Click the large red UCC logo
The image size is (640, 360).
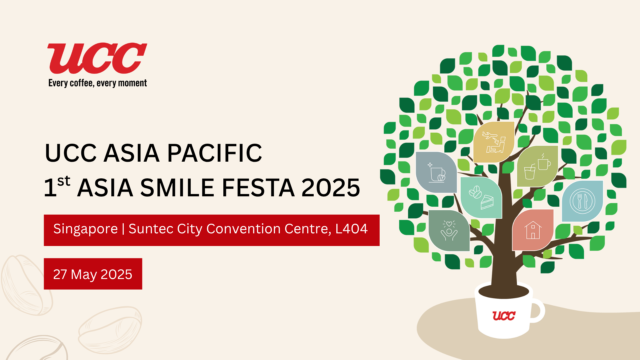coord(97,58)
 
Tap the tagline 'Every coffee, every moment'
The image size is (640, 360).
coord(98,83)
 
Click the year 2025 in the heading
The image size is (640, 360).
coord(331,188)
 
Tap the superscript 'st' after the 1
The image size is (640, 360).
coord(64,181)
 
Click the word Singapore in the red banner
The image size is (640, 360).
coord(86,229)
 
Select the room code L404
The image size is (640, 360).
coord(351,229)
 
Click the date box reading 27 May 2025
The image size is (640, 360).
coord(93,274)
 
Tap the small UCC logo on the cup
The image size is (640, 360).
coord(504,316)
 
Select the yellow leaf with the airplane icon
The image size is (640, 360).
coord(494,142)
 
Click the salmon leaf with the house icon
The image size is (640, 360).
coord(533,230)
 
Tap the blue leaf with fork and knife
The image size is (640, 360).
coord(582,201)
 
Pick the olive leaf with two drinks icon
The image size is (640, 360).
coord(537,166)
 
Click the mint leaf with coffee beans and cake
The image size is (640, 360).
coord(481,198)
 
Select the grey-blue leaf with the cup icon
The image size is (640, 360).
coord(436,172)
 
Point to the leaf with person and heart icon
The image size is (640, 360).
coord(449,230)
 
